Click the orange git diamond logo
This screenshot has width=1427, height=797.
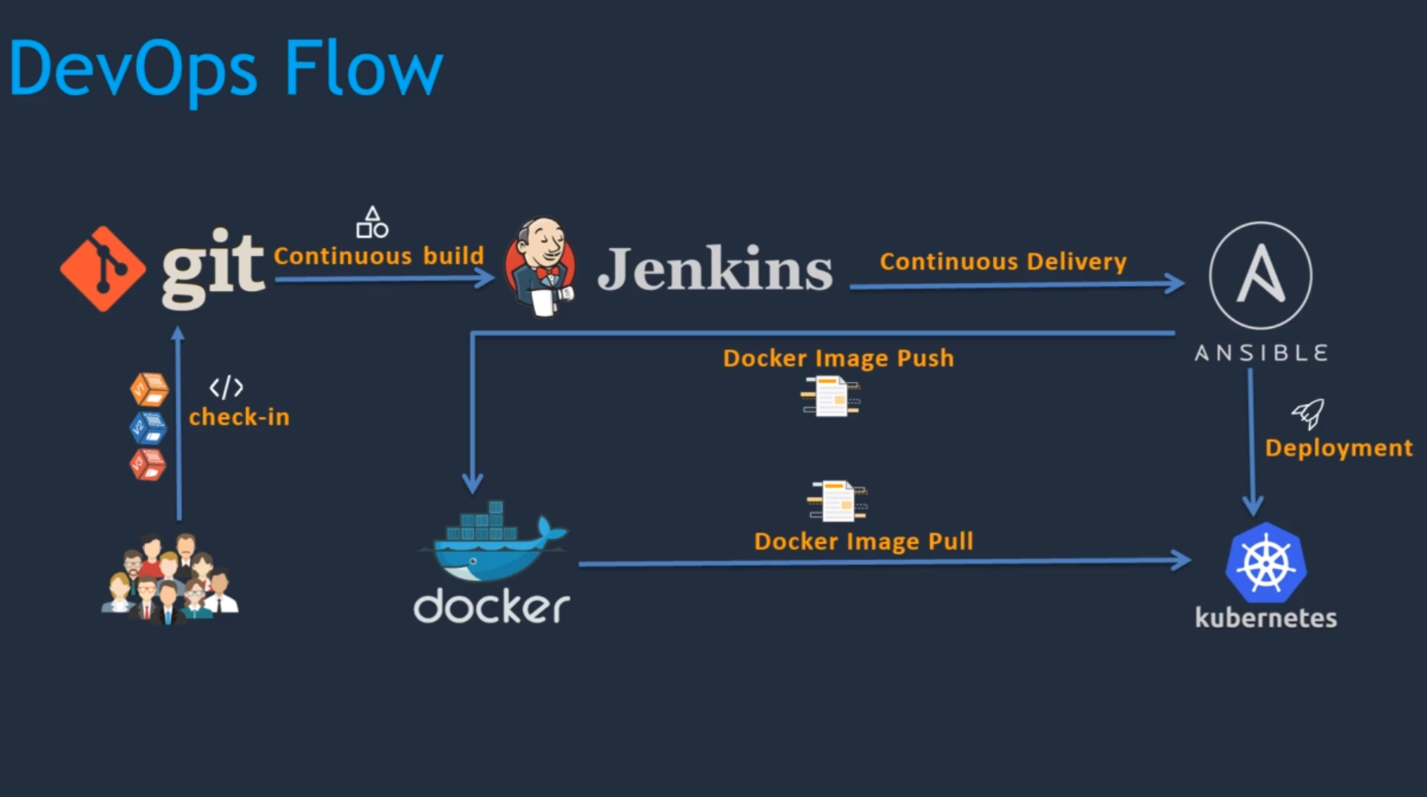(103, 269)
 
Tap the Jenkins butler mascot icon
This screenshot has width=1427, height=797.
(542, 267)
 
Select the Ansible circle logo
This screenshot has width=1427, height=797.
(1260, 275)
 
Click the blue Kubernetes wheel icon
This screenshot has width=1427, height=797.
(1265, 563)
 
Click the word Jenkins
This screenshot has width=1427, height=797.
(714, 269)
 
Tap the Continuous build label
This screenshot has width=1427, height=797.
(379, 256)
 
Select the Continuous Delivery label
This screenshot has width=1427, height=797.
(1003, 261)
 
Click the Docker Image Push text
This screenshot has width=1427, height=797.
(838, 358)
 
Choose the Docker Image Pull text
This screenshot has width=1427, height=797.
(863, 541)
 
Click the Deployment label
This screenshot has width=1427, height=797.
(1338, 448)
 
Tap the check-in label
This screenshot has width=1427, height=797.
(239, 417)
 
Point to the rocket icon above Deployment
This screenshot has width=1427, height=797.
(1307, 413)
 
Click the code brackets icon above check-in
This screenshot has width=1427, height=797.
(226, 387)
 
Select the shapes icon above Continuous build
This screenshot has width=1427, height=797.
(372, 223)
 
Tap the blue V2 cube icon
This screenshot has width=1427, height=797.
(148, 428)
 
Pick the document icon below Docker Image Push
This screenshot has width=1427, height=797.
(830, 396)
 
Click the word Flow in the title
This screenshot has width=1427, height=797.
(363, 69)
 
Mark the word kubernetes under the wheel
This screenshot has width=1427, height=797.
(1265, 618)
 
